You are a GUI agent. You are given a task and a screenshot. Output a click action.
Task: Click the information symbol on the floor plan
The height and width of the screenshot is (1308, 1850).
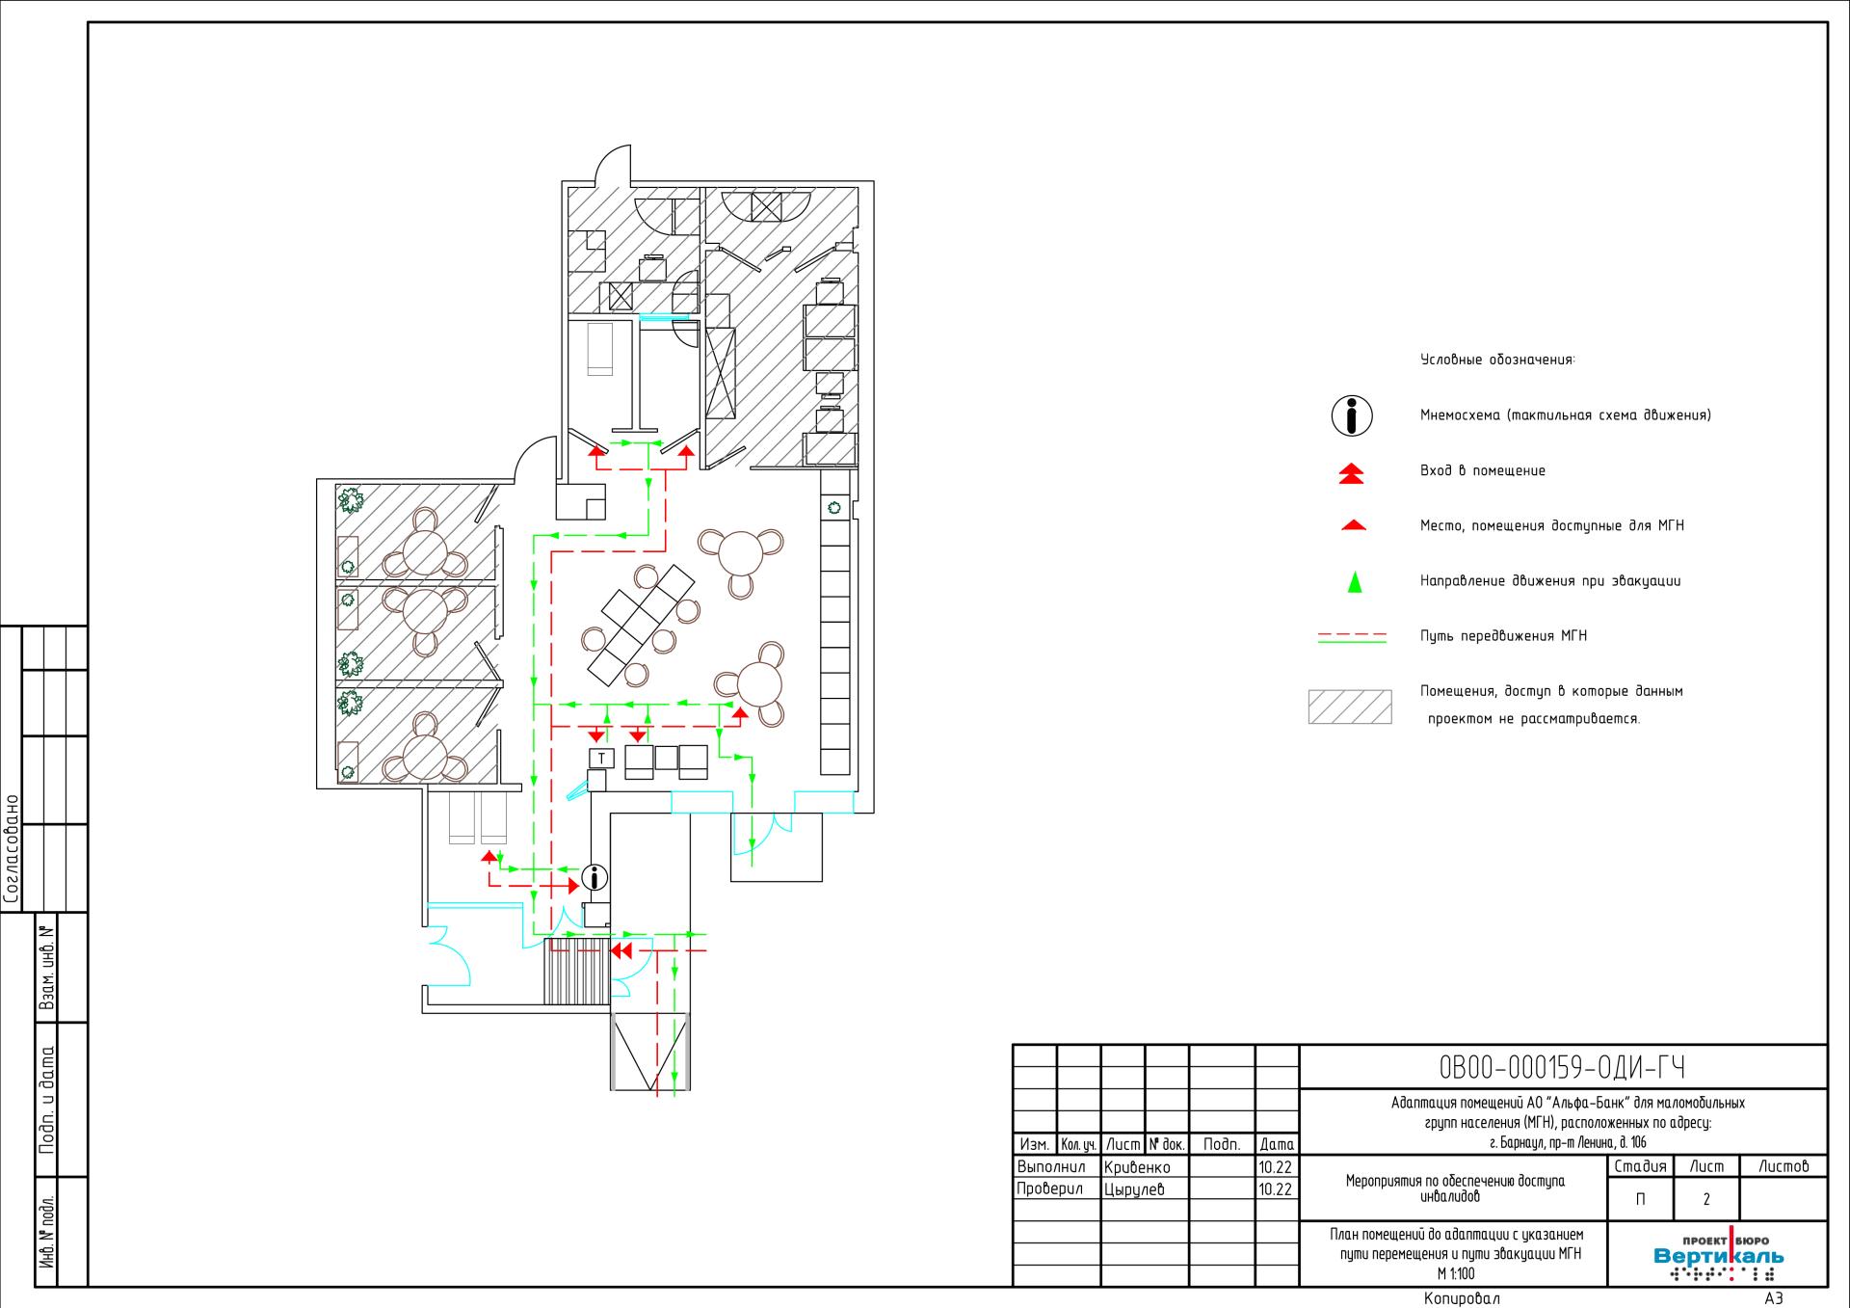coord(595,878)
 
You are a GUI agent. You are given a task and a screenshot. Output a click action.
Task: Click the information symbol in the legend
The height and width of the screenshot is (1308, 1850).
coord(1352,415)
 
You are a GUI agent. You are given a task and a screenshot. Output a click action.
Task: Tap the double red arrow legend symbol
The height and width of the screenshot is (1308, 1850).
coord(1353,472)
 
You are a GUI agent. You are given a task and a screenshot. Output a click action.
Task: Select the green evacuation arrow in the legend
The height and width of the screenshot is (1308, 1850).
coord(1354,581)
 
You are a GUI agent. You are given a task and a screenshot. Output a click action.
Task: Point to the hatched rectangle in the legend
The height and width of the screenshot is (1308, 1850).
coord(1350,707)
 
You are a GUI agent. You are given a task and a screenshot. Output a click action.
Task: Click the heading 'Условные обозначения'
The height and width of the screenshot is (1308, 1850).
coord(1496,360)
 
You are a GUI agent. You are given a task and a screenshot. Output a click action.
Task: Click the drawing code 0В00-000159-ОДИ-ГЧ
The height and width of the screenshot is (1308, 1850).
coord(1562,1068)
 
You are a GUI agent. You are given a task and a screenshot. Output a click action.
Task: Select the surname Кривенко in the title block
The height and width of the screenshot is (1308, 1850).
coord(1137,1167)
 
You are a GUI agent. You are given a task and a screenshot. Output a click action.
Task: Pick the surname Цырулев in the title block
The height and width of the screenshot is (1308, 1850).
coord(1134,1189)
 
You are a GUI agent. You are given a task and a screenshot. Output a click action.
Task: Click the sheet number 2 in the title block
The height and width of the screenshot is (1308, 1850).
coord(1706,1200)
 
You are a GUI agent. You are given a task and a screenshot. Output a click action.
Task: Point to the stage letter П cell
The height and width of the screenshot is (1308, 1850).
coord(1640,1200)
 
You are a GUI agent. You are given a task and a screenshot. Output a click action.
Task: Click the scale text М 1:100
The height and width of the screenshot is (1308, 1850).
coord(1455,1273)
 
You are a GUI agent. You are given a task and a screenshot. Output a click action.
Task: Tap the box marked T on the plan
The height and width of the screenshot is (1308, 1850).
coord(601,758)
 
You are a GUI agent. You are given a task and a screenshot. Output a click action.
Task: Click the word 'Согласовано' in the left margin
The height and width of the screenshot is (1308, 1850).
coord(12,849)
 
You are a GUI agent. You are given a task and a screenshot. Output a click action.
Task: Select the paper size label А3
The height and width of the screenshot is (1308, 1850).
coord(1774,1298)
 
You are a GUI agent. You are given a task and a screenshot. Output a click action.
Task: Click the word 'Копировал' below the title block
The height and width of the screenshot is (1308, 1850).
coord(1462,1298)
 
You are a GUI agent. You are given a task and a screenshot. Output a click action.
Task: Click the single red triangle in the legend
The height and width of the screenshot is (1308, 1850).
coord(1353,525)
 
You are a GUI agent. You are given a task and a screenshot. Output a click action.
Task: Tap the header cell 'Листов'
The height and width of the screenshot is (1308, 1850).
coord(1784,1166)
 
